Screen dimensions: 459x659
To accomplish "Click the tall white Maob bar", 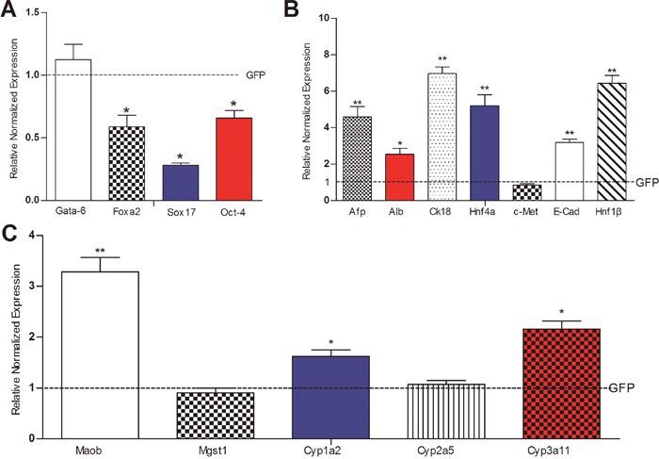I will click(100, 354).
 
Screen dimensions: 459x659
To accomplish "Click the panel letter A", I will click(9, 10).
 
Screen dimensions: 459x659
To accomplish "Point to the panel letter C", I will click(9, 230).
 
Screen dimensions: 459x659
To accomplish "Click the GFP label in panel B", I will click(645, 182).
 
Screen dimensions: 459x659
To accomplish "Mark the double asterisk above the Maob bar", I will click(100, 251).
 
